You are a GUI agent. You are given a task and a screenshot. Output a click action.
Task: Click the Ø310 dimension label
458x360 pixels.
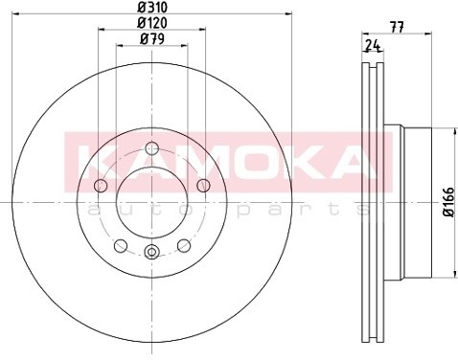(152, 7)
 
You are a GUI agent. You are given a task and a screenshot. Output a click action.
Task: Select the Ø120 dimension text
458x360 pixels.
(152, 23)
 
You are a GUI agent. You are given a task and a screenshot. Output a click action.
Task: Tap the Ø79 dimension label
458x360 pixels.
(152, 39)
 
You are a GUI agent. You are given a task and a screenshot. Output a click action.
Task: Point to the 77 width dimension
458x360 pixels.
(397, 27)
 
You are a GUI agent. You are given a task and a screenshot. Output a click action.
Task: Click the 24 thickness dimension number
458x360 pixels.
(373, 45)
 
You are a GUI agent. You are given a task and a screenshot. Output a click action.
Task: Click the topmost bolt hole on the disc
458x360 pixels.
(151, 148)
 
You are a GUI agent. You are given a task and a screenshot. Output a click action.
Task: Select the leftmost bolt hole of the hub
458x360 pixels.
(101, 186)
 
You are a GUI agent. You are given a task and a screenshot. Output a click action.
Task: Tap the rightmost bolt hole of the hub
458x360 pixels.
(203, 186)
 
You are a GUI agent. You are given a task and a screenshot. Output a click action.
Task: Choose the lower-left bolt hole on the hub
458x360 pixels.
(121, 245)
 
